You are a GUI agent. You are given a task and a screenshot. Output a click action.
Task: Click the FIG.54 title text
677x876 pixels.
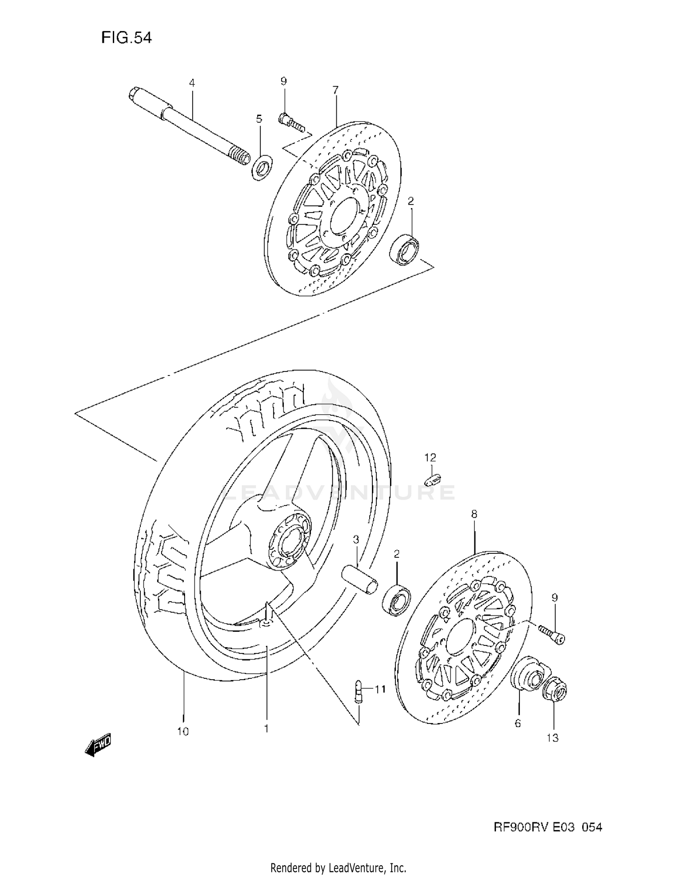pyautogui.click(x=126, y=37)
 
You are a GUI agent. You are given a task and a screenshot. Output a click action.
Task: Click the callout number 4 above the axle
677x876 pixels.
pyautogui.click(x=192, y=83)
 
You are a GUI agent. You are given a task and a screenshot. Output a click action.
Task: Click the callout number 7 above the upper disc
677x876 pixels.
pyautogui.click(x=335, y=90)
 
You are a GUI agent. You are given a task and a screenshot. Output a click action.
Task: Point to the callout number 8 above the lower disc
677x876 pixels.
pyautogui.click(x=474, y=514)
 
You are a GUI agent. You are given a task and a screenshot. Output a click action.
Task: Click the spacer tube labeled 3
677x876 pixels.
pyautogui.click(x=359, y=580)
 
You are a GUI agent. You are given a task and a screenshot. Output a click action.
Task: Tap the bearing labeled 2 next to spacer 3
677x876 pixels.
pyautogui.click(x=396, y=600)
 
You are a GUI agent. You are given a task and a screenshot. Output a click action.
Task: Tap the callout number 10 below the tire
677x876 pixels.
pyautogui.click(x=183, y=732)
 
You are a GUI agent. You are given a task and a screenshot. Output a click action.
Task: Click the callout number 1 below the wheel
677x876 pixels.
pyautogui.click(x=266, y=728)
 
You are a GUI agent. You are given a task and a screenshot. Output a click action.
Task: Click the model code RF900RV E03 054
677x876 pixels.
pyautogui.click(x=547, y=827)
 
